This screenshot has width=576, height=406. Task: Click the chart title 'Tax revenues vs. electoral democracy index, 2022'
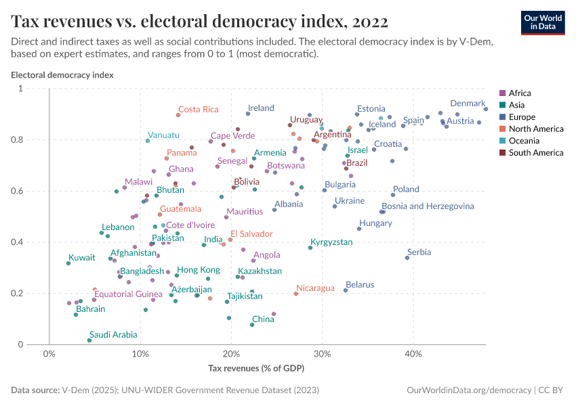[x=199, y=22]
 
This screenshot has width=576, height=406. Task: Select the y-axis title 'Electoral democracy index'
[x=62, y=75]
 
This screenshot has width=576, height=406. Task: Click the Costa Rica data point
[x=178, y=115]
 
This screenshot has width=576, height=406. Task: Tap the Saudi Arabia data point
[x=89, y=340]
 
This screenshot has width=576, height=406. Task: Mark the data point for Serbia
[x=407, y=258]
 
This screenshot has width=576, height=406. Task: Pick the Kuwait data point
[x=68, y=263]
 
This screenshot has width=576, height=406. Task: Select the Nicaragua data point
[x=296, y=294]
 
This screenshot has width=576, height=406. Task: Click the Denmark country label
[x=468, y=104]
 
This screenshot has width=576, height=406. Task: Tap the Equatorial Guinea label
[x=128, y=294]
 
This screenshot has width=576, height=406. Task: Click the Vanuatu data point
[x=148, y=141]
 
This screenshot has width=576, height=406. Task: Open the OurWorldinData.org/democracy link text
[x=468, y=390]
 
